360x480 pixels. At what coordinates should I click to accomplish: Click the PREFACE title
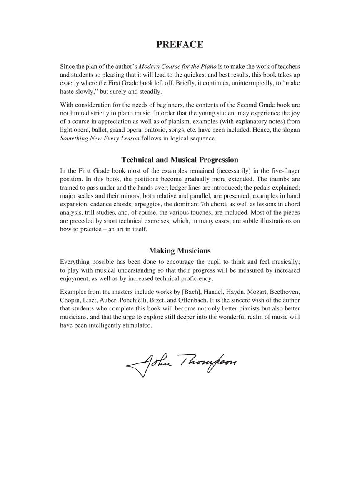point(180,45)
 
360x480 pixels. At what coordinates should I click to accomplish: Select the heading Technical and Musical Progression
point(180,160)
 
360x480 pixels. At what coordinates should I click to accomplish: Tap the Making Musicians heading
point(180,250)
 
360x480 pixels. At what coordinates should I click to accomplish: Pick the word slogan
point(291,130)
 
